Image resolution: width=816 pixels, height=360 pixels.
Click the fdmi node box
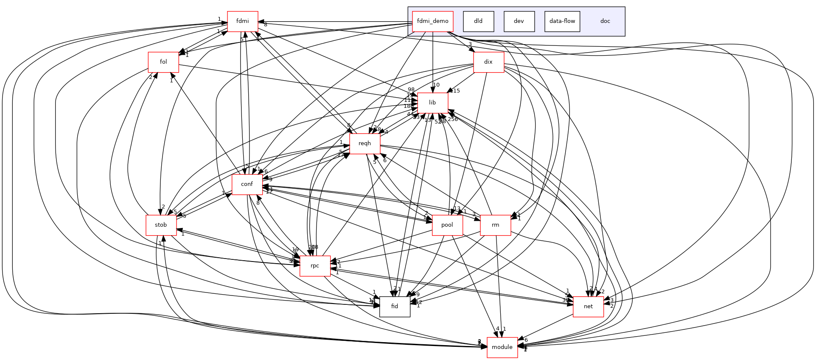point(243,21)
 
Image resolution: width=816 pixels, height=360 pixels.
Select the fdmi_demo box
point(432,21)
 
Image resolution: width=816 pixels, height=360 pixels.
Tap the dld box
point(478,21)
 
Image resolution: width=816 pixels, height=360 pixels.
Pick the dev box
point(519,21)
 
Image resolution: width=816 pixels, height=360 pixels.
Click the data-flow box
point(562,21)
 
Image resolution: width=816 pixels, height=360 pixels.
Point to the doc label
point(605,21)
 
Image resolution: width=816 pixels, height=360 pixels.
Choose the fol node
point(163,62)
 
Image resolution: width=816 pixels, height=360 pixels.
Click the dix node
point(488,62)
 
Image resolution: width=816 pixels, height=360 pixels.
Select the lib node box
point(432,103)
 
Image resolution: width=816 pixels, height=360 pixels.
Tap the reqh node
point(365,143)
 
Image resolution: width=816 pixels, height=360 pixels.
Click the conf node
point(247,184)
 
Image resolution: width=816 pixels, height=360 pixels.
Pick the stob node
point(161,225)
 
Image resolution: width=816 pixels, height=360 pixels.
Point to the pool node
point(447,225)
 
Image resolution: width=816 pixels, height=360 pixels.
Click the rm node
point(495,225)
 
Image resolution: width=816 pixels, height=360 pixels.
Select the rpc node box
point(315,266)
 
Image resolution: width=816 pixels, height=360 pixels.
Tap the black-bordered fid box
point(395,307)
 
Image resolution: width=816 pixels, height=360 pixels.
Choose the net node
point(588,307)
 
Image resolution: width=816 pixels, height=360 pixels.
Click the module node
point(502,347)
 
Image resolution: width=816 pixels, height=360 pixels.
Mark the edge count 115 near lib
point(455,91)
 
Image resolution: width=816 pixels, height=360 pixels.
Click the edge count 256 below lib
point(453,119)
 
